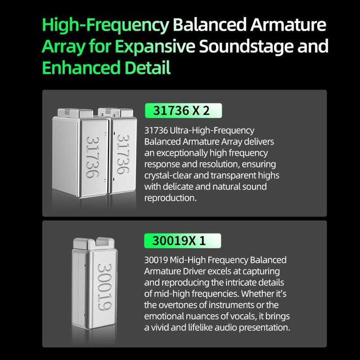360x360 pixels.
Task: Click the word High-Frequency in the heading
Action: coord(105,26)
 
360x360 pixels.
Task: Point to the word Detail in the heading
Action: coord(148,67)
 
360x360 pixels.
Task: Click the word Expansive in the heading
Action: coord(155,47)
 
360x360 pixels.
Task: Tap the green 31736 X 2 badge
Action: coord(183,111)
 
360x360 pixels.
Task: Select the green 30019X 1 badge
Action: coord(183,241)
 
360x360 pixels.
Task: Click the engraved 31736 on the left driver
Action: coord(93,157)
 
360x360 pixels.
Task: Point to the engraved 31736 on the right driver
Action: coord(123,154)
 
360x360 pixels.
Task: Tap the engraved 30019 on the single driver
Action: coord(104,287)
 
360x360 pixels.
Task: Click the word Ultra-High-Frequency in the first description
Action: coord(212,131)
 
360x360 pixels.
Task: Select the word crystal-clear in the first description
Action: coord(168,176)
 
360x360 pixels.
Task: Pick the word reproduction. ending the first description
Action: coord(170,198)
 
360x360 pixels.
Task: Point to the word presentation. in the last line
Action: coord(264,328)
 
